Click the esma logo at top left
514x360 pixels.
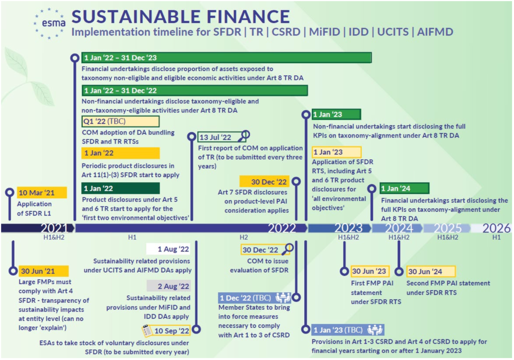point(48,22)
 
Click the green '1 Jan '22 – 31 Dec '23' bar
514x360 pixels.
point(226,58)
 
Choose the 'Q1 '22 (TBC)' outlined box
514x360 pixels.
point(120,121)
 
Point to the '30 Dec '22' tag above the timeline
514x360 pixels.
point(264,181)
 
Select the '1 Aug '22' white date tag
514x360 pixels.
point(169,249)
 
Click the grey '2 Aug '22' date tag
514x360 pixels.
point(169,286)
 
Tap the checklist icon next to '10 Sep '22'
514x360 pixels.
point(147,330)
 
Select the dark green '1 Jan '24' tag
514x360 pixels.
point(404,188)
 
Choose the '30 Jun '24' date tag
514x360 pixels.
point(431,271)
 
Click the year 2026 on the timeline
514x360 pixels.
point(496,228)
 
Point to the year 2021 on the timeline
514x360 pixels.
point(54,228)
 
